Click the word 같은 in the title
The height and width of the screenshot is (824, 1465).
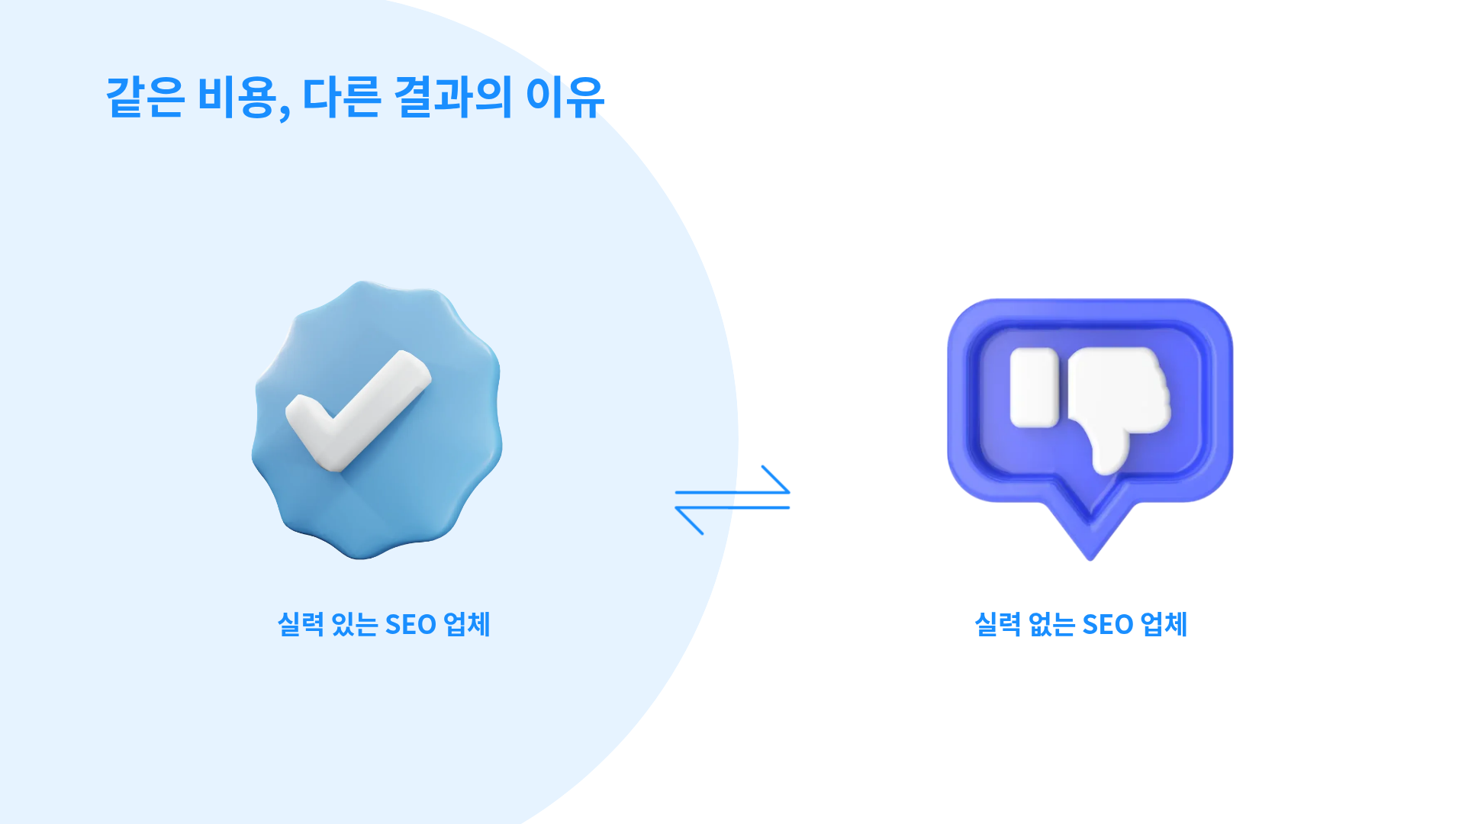[145, 97]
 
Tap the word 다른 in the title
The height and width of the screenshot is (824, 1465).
[341, 97]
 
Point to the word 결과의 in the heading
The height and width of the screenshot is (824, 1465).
[452, 97]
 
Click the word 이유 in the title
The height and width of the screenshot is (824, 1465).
[565, 97]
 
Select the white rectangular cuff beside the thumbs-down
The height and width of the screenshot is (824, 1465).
[1034, 388]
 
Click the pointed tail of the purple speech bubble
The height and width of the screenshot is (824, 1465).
[1090, 538]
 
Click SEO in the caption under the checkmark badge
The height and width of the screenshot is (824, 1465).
[411, 625]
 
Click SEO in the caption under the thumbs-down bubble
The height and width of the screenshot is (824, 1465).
[1108, 625]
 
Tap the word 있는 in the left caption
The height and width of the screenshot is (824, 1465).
[355, 625]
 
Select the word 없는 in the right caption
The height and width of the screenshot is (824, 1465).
[1051, 625]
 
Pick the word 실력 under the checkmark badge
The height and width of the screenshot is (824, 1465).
[301, 625]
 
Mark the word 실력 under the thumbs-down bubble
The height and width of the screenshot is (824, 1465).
[998, 625]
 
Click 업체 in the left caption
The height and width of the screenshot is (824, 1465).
[467, 625]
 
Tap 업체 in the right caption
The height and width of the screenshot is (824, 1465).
[1164, 625]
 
